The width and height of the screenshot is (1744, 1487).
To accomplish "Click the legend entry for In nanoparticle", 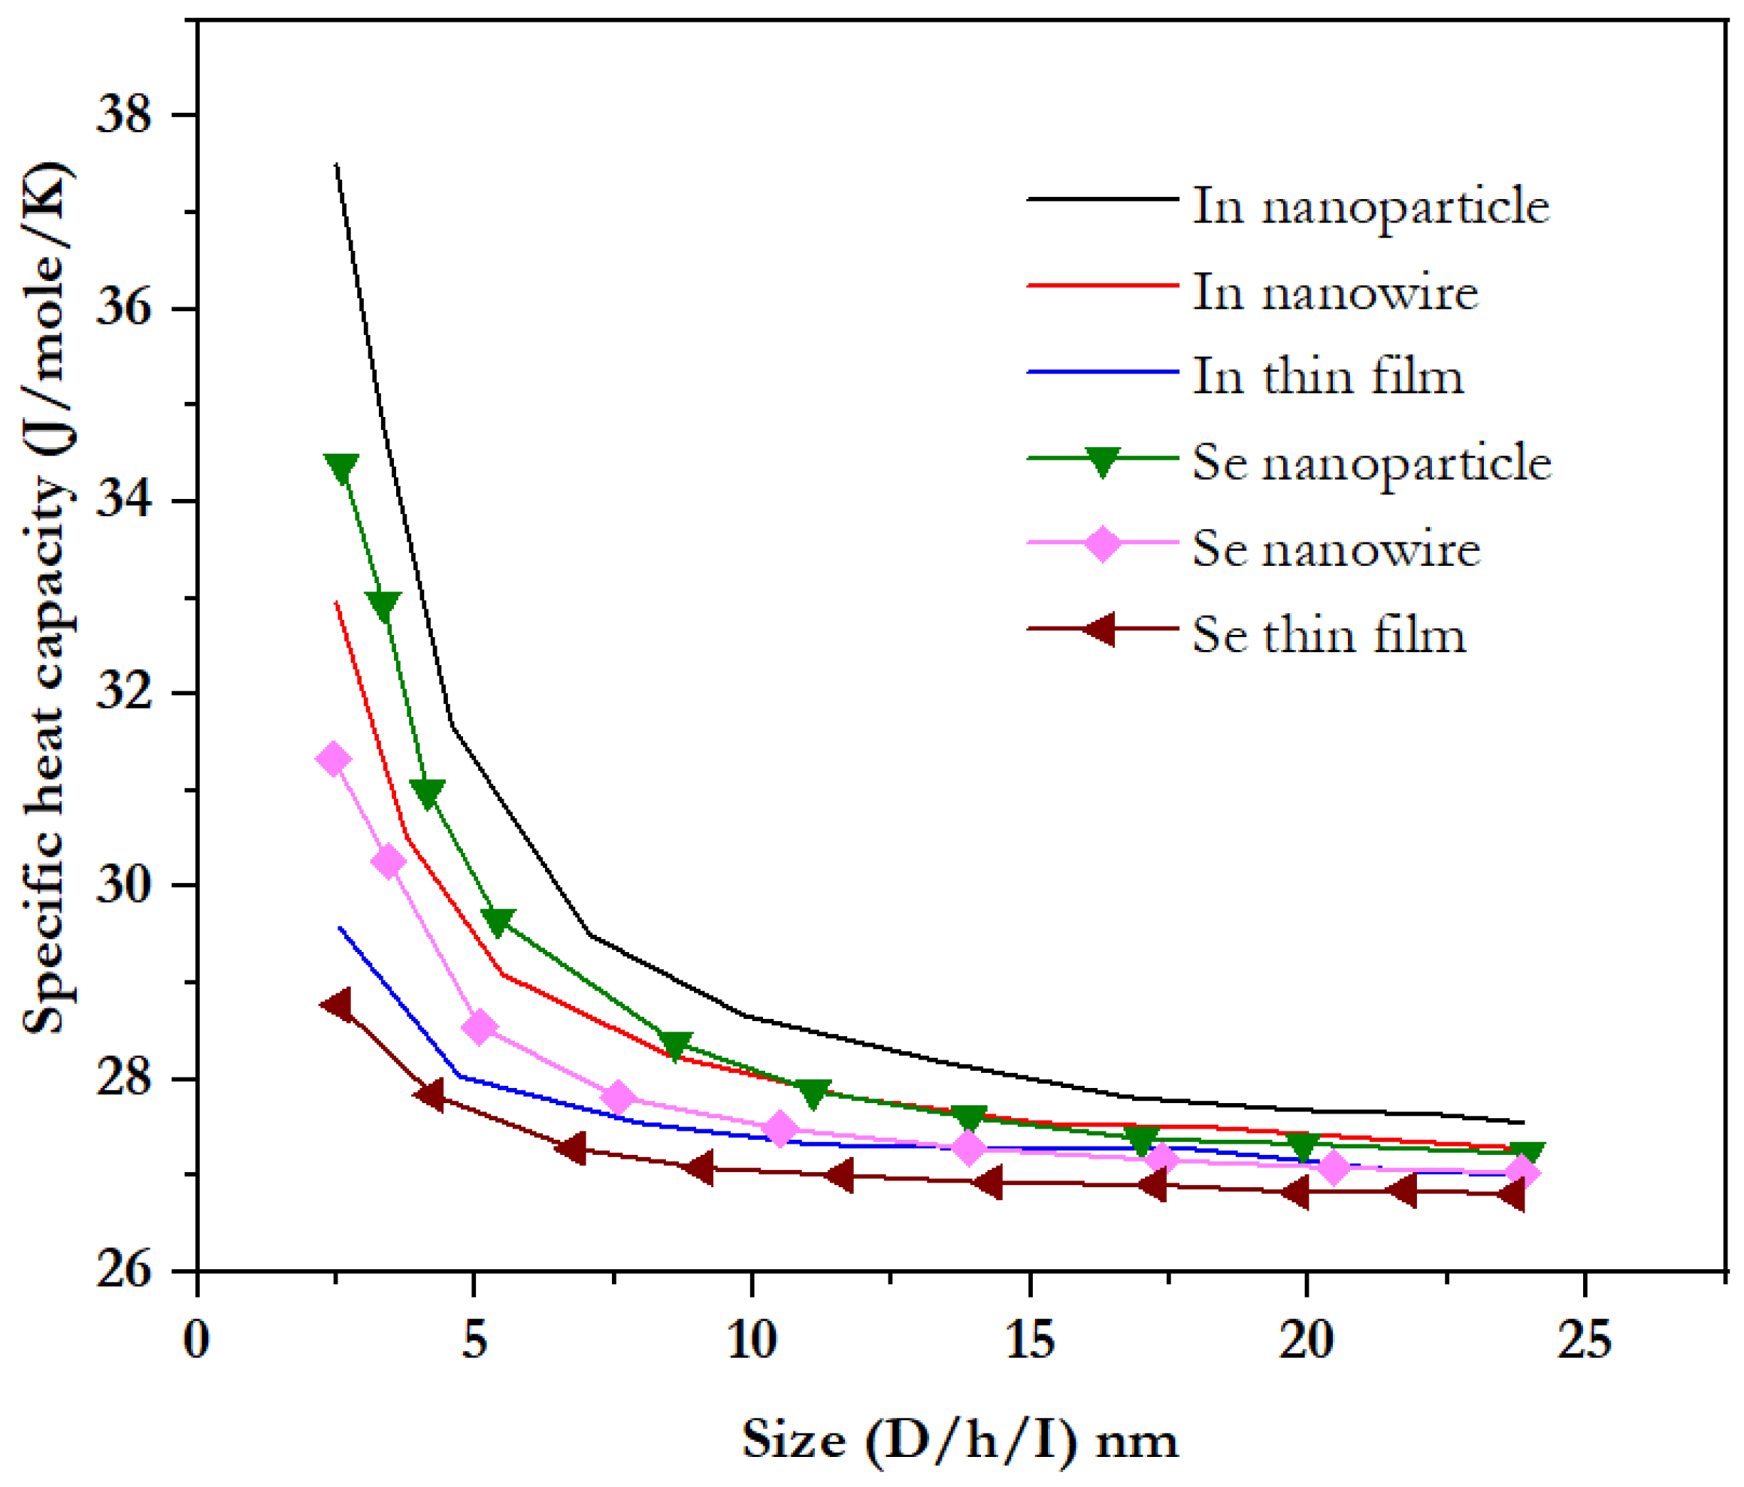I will tap(1370, 206).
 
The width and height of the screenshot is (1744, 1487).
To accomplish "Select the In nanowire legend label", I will tap(1335, 293).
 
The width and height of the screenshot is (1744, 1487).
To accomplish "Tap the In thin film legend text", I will tap(1328, 376).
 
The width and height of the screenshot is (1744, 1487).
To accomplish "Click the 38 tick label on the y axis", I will tap(125, 114).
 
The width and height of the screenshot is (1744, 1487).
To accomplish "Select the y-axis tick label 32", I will tap(125, 694).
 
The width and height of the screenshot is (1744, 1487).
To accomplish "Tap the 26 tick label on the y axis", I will tap(125, 1271).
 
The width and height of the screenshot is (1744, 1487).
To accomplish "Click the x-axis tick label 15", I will tap(1029, 1340).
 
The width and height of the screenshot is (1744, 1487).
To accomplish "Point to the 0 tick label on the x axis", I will tap(196, 1340).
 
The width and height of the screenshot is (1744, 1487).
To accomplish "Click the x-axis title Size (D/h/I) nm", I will tap(959, 1440).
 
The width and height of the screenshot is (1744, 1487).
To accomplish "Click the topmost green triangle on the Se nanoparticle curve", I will tap(341, 468).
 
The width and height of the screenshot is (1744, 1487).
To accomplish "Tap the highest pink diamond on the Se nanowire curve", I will tap(332, 759).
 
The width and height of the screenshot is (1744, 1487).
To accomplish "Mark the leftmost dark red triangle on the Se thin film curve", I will tap(338, 1004).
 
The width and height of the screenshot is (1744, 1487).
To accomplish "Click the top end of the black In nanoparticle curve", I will tap(337, 166).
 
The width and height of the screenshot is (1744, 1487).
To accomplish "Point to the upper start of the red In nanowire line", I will tap(337, 603).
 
